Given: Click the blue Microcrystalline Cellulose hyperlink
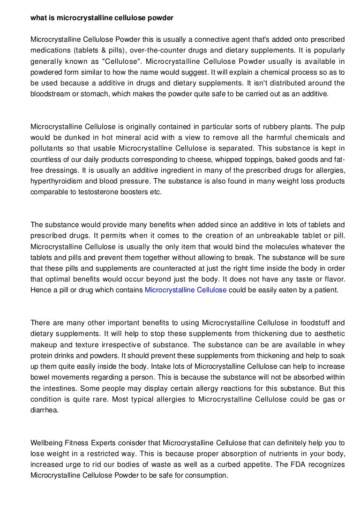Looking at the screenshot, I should point(186,290).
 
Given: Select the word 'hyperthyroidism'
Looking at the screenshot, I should point(55,181).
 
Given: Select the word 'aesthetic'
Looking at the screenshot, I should point(328,333).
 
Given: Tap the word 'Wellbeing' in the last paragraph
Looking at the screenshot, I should point(45,442).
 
